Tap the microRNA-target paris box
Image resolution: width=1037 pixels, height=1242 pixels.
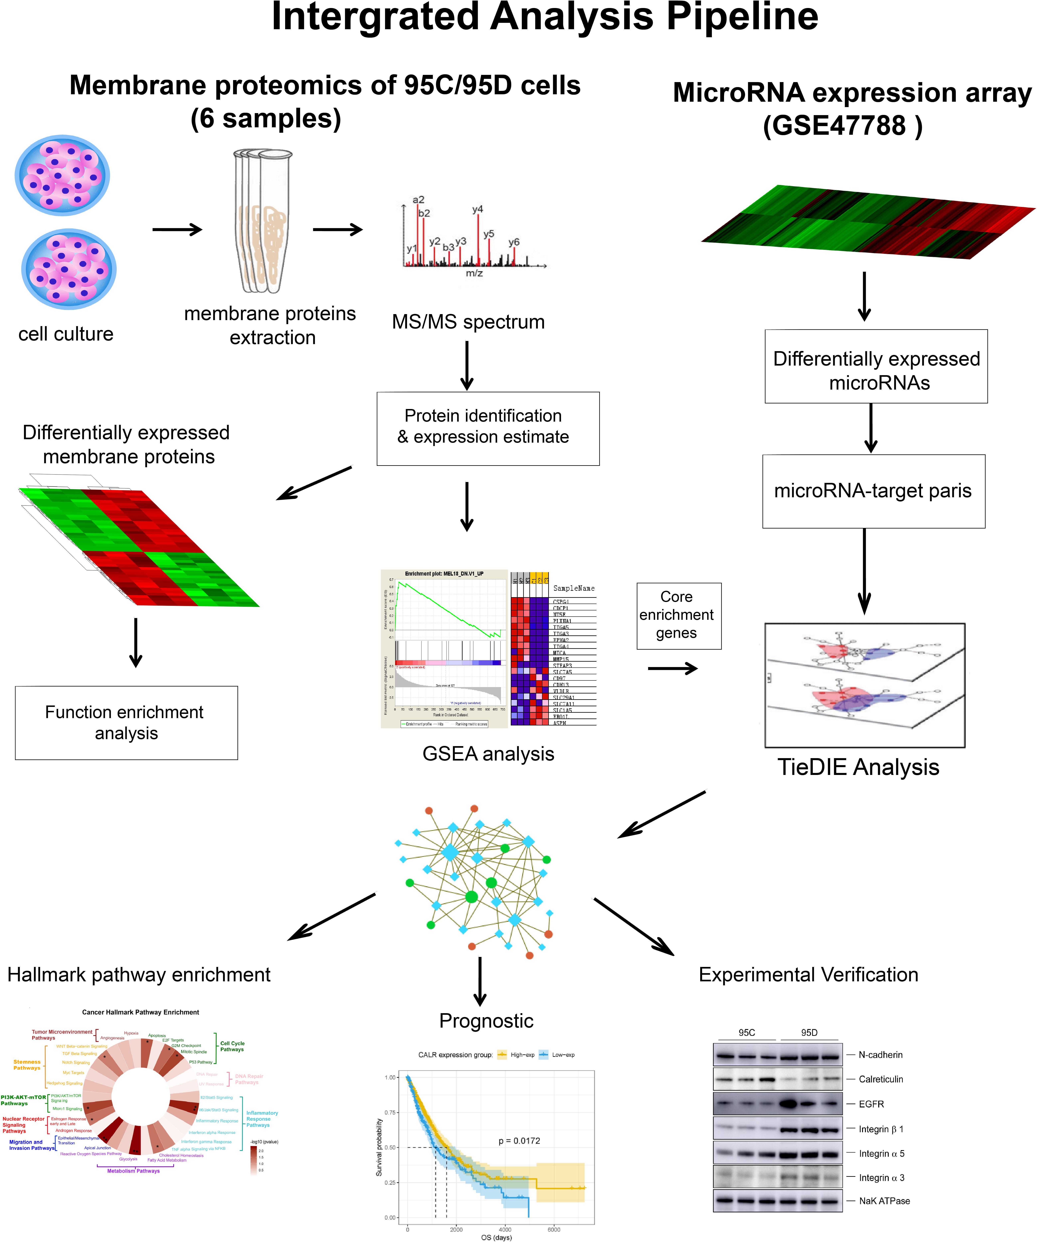click(873, 491)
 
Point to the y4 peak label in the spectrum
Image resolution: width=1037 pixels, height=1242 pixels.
click(477, 209)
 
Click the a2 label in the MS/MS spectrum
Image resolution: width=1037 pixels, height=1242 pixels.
click(418, 200)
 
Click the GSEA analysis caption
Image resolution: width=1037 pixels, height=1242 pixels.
click(488, 754)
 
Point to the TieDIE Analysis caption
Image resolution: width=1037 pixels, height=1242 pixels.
click(858, 767)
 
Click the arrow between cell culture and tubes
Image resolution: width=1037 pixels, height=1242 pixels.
click(177, 229)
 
